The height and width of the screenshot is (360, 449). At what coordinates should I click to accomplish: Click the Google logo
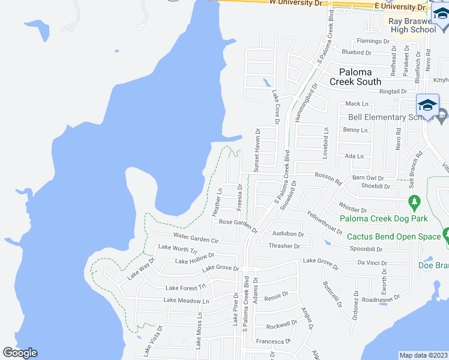[20, 353]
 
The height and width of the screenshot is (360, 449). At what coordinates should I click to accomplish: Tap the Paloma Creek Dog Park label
[383, 218]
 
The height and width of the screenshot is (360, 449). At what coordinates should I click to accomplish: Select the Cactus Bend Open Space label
[394, 236]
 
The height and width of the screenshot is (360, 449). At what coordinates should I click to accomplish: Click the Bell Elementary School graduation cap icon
[427, 104]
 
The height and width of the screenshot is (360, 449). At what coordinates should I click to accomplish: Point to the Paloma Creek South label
[356, 77]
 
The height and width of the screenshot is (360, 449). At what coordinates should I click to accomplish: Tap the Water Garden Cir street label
[195, 238]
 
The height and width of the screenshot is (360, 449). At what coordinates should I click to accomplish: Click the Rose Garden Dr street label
[238, 226]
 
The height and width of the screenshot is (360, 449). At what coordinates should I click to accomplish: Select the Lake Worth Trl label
[178, 248]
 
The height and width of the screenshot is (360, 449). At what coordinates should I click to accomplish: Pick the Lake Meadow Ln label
[187, 301]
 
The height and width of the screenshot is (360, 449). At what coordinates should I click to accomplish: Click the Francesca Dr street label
[274, 340]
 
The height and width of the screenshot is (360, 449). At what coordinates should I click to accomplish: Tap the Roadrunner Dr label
[381, 298]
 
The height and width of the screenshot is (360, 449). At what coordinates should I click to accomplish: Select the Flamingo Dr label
[373, 41]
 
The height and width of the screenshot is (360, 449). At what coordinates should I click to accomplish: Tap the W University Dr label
[296, 3]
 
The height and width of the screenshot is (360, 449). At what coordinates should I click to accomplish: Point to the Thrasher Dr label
[284, 246]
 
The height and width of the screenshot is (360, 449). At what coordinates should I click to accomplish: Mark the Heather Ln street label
[217, 202]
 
